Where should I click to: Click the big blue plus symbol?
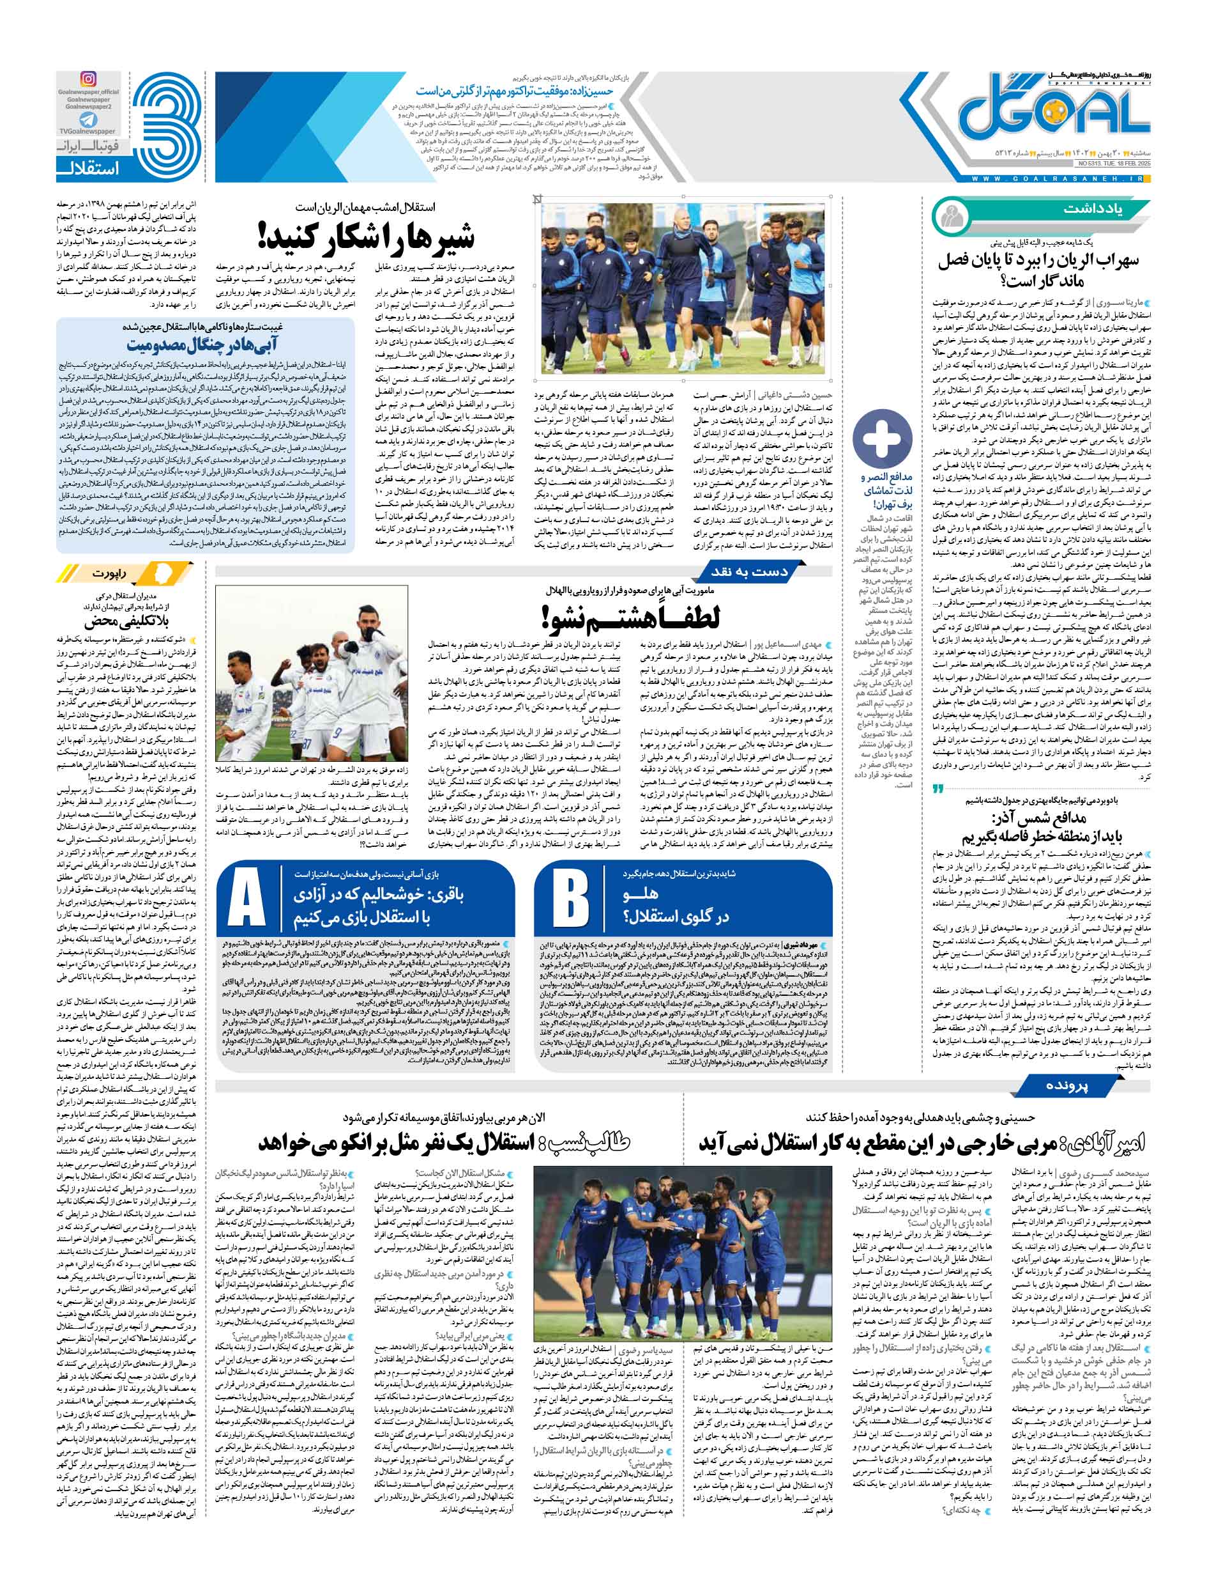pyautogui.click(x=881, y=440)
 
